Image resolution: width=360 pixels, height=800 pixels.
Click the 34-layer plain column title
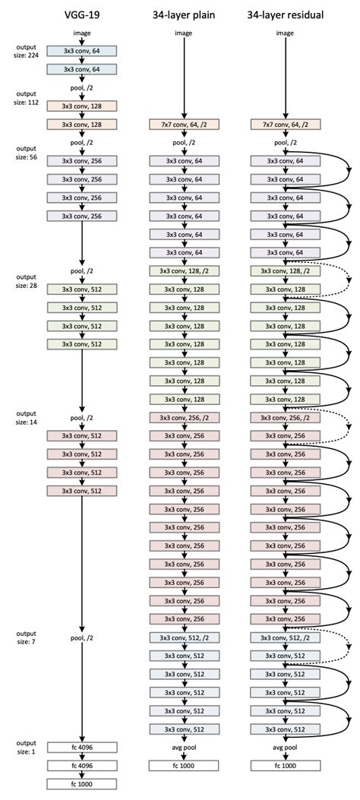[183, 13]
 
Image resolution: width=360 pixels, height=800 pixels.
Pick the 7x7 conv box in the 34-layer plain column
[183, 124]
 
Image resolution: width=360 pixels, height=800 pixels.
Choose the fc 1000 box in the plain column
[183, 765]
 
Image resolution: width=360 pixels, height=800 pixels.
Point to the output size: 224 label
[26, 51]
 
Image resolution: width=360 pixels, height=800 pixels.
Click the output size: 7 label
[26, 637]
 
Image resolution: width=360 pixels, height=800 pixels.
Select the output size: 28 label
[26, 280]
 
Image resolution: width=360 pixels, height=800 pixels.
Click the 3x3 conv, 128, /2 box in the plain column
[183, 271]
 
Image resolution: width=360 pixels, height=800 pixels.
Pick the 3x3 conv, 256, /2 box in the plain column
[183, 418]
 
